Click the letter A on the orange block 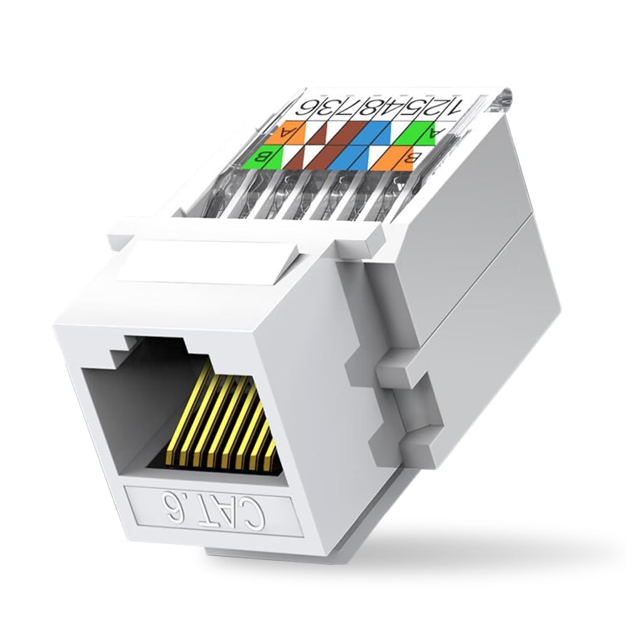pos(288,132)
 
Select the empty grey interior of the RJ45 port pos(125,408)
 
